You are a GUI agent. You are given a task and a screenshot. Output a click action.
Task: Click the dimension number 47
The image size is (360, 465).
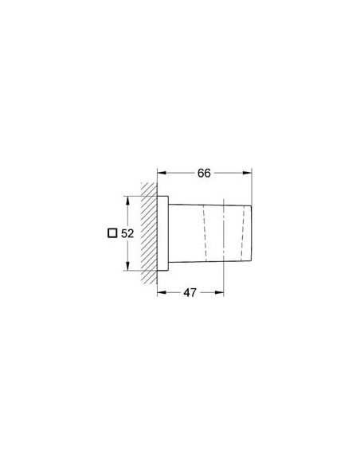coord(190,293)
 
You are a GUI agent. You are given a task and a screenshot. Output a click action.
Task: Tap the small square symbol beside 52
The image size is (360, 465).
coord(112,234)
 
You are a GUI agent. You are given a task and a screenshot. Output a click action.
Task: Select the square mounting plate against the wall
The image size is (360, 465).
coord(162,234)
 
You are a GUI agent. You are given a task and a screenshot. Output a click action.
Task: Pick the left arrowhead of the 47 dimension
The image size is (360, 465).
coord(161,292)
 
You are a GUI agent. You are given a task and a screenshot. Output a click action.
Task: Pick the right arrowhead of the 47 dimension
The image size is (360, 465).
coord(219,292)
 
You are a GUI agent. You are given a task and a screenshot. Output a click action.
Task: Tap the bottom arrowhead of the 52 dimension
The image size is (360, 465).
coord(126,270)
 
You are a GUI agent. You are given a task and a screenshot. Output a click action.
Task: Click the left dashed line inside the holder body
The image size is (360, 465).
coord(205,234)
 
